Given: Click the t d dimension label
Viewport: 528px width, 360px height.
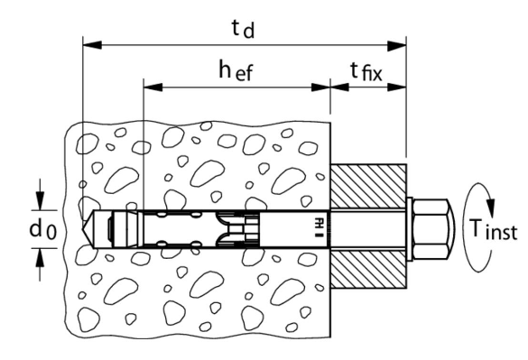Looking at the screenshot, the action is pyautogui.click(x=243, y=29).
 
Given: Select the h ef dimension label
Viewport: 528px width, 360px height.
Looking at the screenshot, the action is pyautogui.click(x=236, y=70).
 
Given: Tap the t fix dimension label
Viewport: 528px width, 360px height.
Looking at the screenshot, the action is pyautogui.click(x=366, y=72).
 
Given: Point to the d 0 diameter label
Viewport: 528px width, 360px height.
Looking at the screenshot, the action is pyautogui.click(x=43, y=230).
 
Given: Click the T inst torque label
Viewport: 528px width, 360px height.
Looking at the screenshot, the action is pyautogui.click(x=494, y=230).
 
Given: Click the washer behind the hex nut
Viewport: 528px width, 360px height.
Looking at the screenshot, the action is pyautogui.click(x=410, y=229).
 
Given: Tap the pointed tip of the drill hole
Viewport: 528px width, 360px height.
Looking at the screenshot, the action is pyautogui.click(x=82, y=229).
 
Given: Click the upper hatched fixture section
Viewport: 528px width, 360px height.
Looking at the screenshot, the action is pyautogui.click(x=368, y=187).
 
